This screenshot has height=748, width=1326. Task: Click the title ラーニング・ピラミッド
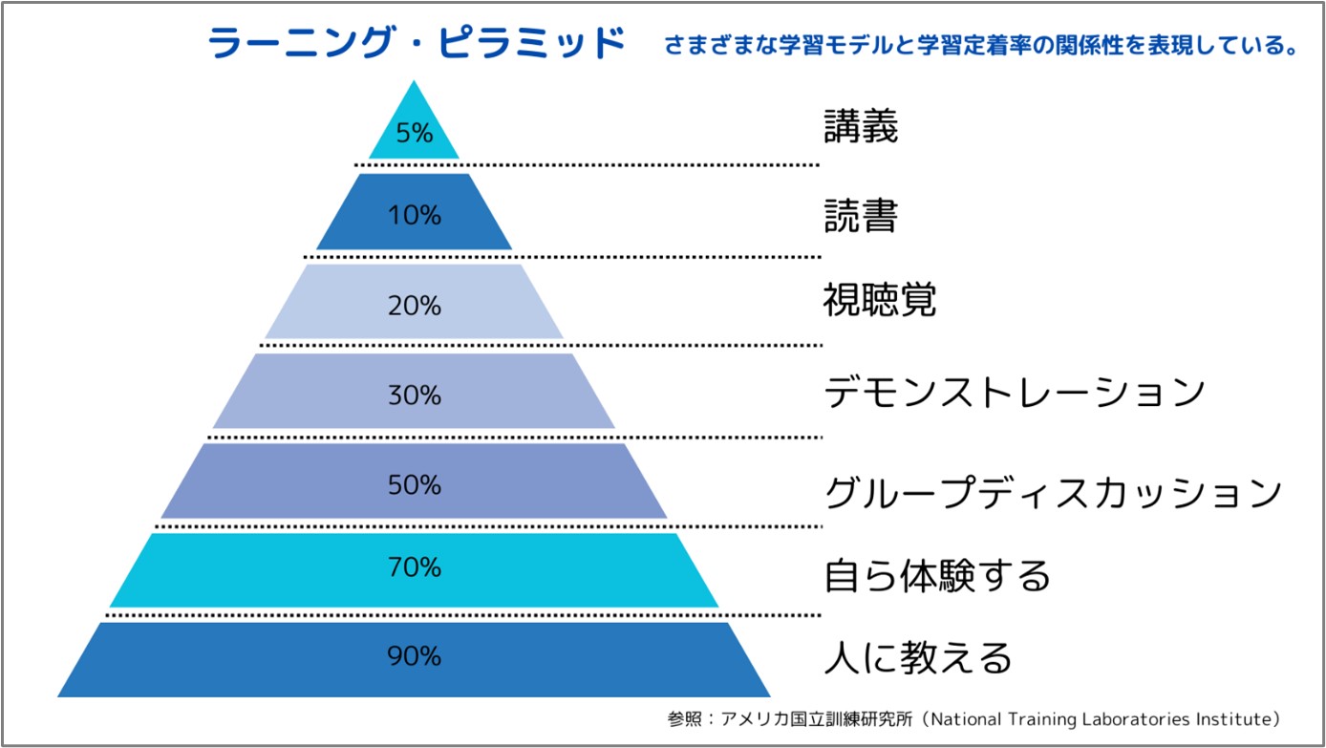coord(417,44)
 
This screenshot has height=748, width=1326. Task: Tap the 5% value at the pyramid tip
coord(415,133)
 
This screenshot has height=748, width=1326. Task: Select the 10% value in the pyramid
coord(415,216)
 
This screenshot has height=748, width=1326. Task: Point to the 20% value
coord(415,306)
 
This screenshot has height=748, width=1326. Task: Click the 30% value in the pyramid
coord(415,395)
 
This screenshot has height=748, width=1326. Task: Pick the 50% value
coord(415,484)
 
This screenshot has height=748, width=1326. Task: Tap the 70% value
coord(415,567)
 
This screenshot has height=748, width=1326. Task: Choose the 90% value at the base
coord(415,656)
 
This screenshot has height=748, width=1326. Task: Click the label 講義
coord(861,127)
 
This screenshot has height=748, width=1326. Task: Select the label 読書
coord(861,217)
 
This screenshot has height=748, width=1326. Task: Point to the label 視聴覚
coord(879,300)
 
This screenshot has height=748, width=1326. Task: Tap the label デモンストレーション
coord(1014,392)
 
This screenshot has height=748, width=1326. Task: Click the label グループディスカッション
coord(1052,493)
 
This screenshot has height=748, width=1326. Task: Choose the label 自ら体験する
coord(936,576)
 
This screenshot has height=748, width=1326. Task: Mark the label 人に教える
coord(917,658)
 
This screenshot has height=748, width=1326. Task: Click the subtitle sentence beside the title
coord(979,46)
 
